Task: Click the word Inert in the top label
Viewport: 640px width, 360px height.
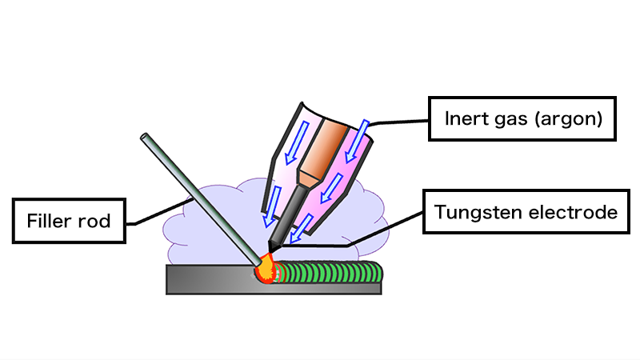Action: (465, 120)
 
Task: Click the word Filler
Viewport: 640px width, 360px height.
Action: (48, 218)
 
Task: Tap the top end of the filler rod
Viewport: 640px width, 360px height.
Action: (145, 137)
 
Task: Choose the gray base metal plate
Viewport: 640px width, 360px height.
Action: (208, 280)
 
